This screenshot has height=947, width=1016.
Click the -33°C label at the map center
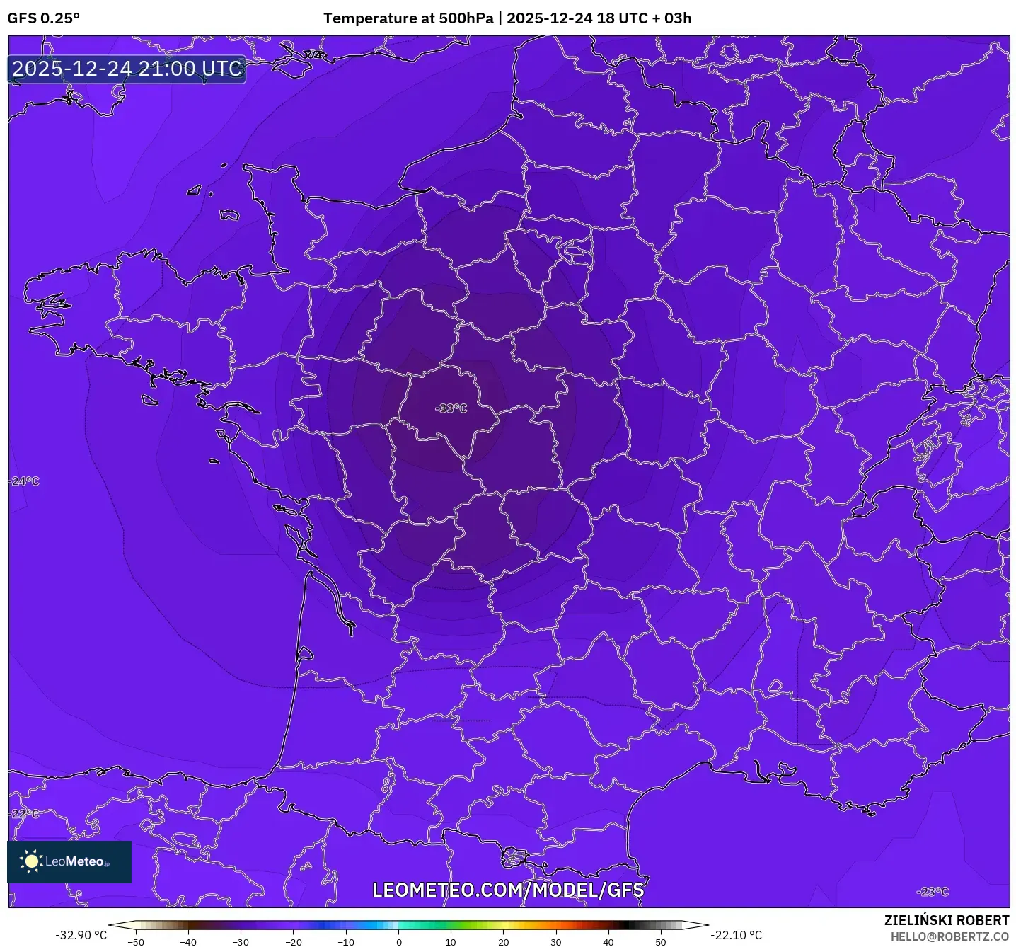[451, 408]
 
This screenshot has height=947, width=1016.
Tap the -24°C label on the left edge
[25, 481]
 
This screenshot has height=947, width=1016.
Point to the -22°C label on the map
[25, 814]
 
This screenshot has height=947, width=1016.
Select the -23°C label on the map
[932, 892]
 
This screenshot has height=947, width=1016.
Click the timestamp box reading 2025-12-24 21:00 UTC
[127, 69]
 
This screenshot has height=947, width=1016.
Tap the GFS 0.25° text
[44, 18]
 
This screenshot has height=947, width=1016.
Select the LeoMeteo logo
[69, 861]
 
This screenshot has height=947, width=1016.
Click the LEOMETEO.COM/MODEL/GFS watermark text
[508, 890]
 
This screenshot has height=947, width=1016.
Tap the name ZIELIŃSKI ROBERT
[946, 920]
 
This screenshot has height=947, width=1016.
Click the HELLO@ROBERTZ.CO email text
[949, 936]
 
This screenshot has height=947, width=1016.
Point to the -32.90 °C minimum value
[81, 935]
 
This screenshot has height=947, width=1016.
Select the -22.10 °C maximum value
[737, 935]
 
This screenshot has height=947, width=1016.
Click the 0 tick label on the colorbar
[399, 942]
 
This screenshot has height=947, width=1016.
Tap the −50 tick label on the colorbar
[135, 942]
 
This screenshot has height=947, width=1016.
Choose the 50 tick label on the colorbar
[661, 942]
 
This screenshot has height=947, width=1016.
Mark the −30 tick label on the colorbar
[241, 942]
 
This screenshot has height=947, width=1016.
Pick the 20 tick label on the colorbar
[504, 942]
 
